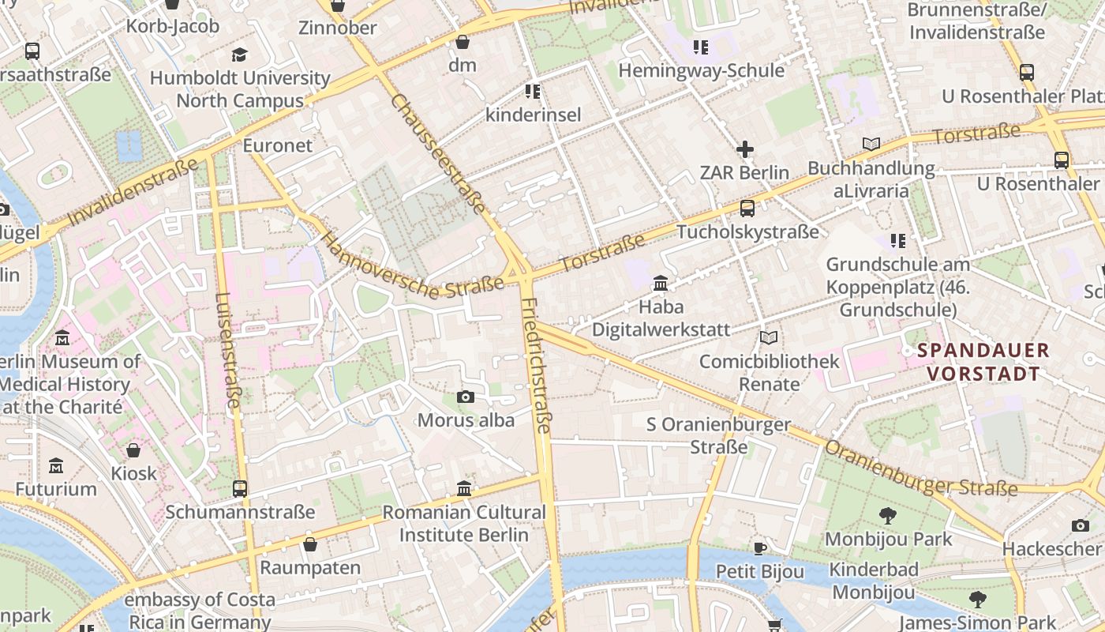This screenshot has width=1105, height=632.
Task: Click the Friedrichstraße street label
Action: tap(535, 366)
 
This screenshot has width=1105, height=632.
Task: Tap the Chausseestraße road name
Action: tap(438, 155)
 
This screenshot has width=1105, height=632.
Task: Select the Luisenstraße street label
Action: tap(227, 351)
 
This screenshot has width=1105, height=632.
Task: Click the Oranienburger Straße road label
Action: tap(920, 468)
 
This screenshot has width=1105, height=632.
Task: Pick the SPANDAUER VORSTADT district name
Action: tap(983, 362)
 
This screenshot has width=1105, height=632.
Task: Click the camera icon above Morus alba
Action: tap(466, 397)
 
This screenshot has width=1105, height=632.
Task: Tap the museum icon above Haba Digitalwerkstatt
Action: tap(661, 283)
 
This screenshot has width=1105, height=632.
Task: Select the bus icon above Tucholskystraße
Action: tap(747, 209)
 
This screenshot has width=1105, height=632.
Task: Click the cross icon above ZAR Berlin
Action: tap(744, 149)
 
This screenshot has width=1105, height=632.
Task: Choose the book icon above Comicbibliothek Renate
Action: tap(769, 338)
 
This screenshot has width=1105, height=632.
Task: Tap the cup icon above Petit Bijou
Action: tap(759, 547)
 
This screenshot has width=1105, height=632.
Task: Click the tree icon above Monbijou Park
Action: tap(888, 516)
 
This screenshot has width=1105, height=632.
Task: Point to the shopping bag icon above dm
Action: tap(463, 42)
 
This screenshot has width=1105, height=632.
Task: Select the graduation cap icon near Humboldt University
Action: tap(239, 55)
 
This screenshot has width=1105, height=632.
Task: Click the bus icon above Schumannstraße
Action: tap(240, 488)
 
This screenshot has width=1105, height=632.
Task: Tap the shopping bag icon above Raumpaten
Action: tap(310, 544)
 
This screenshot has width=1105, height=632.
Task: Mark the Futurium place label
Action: tap(56, 489)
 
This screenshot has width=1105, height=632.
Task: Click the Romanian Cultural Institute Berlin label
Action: tap(464, 523)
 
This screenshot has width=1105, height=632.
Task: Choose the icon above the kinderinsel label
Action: tap(533, 92)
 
